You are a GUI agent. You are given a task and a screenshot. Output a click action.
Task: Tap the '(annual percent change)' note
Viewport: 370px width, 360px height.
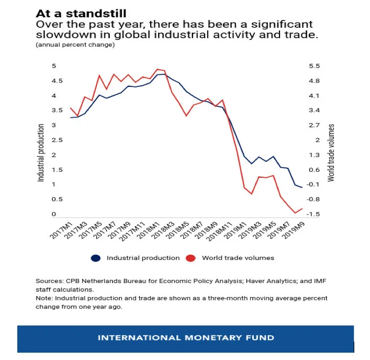pyautogui.click(x=75, y=45)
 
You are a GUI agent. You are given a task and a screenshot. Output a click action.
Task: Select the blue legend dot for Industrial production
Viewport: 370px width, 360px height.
pyautogui.click(x=96, y=258)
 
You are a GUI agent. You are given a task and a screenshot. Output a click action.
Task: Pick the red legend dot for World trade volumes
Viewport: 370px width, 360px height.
pyautogui.click(x=191, y=258)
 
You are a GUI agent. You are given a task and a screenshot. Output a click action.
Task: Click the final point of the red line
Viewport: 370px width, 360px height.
pyautogui.click(x=302, y=209)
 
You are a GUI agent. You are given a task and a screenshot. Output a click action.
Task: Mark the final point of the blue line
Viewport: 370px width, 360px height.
pyautogui.click(x=302, y=188)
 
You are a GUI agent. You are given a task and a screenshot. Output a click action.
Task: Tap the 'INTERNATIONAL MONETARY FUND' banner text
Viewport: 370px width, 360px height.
pyautogui.click(x=186, y=338)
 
